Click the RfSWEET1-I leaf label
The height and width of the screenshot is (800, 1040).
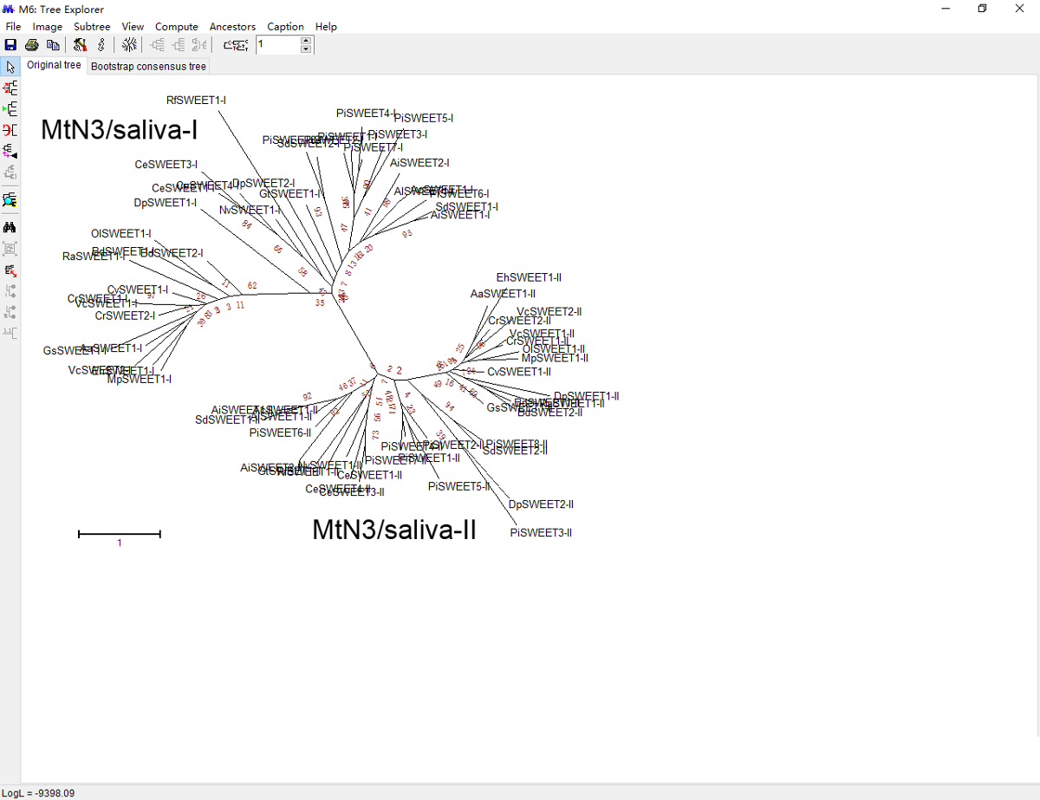[x=196, y=101]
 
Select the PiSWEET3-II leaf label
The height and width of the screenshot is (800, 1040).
[x=541, y=532]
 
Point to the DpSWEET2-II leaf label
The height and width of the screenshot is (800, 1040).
[x=541, y=504]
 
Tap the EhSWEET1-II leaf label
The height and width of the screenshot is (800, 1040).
[x=529, y=277]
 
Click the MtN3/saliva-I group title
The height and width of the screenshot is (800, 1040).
[x=120, y=130]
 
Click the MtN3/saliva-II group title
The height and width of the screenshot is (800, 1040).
[x=394, y=530]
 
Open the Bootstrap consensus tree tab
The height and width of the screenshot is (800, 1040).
[x=148, y=66]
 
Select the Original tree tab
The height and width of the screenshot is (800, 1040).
[x=54, y=66]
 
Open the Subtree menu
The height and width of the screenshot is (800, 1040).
[x=92, y=27]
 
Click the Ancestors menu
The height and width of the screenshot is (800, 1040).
[x=232, y=27]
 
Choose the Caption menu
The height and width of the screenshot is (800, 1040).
[x=285, y=27]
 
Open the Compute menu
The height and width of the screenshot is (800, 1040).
[x=177, y=27]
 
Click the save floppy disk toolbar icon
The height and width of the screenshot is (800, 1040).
[x=11, y=45]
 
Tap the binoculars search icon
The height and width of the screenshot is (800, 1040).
[x=10, y=227]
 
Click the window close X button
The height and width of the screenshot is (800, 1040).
[x=1020, y=9]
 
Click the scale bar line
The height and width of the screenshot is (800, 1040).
[x=120, y=534]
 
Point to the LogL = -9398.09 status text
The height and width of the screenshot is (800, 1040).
[x=38, y=793]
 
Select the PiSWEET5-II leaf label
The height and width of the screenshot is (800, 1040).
[x=459, y=487]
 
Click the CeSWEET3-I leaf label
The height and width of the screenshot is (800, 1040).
[x=166, y=165]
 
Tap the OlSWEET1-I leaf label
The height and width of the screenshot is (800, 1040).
[x=120, y=234]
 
